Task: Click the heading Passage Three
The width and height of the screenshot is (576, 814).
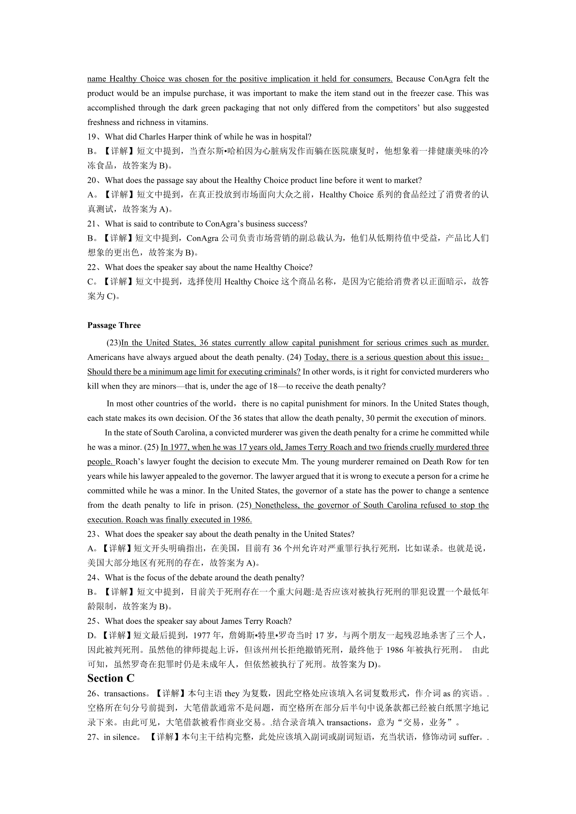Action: (x=114, y=325)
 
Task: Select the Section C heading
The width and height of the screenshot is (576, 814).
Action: (x=111, y=678)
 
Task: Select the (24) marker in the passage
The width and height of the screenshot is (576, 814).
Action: (x=294, y=357)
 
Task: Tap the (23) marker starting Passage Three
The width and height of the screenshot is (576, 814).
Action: (x=114, y=342)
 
